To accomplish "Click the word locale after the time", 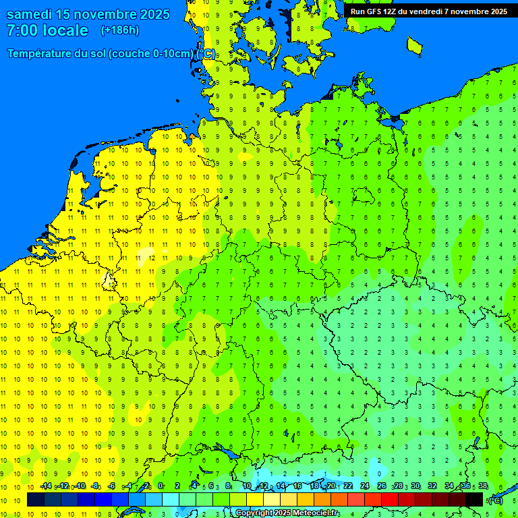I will click(65, 31).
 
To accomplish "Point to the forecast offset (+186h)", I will click(119, 30).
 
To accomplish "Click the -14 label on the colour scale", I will click(45, 486).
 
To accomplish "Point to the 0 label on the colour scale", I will click(161, 486).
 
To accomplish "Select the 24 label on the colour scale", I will click(365, 486).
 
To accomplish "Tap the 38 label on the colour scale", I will click(483, 486).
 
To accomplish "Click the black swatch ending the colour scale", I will click(474, 499).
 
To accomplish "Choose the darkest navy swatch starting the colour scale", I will click(36, 499).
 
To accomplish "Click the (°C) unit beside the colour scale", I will click(495, 500).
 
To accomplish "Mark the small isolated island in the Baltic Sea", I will click(414, 45).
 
